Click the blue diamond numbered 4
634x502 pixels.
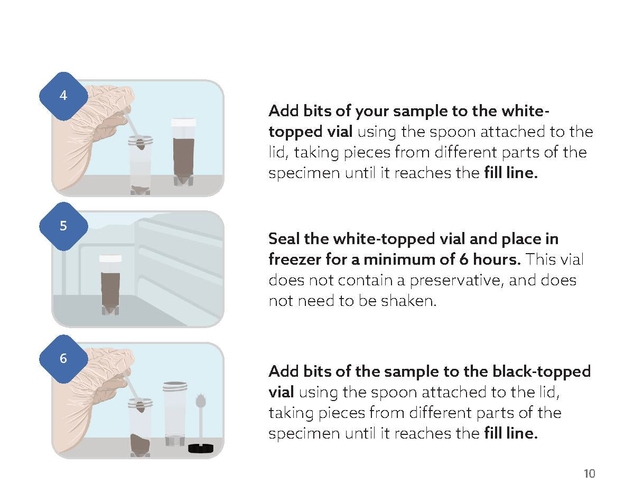(63, 96)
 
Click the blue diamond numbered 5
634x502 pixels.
(63, 226)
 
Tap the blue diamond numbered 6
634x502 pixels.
(63, 358)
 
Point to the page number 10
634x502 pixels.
(589, 473)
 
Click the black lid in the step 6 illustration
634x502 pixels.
(201, 448)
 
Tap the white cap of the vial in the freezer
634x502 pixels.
(110, 258)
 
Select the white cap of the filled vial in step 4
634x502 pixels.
(183, 122)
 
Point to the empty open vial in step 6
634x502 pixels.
(175, 412)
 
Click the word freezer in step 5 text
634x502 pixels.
(294, 259)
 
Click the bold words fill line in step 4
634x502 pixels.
(510, 173)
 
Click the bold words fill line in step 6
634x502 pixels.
(510, 433)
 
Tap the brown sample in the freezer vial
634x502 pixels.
(110, 288)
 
